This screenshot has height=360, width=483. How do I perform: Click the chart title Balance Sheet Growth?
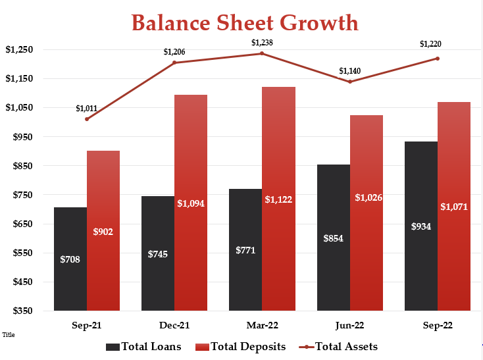click(245, 22)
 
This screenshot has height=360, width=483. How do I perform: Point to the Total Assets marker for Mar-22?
click(262, 53)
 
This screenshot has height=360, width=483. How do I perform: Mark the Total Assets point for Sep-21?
click(87, 119)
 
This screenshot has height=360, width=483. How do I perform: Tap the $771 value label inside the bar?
click(245, 250)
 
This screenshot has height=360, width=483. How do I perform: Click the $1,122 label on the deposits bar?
click(278, 199)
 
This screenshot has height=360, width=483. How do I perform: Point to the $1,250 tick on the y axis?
click(19, 49)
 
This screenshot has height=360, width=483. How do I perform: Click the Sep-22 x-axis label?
click(437, 326)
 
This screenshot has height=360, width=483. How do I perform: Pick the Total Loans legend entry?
click(143, 347)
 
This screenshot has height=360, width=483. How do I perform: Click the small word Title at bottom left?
click(9, 335)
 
